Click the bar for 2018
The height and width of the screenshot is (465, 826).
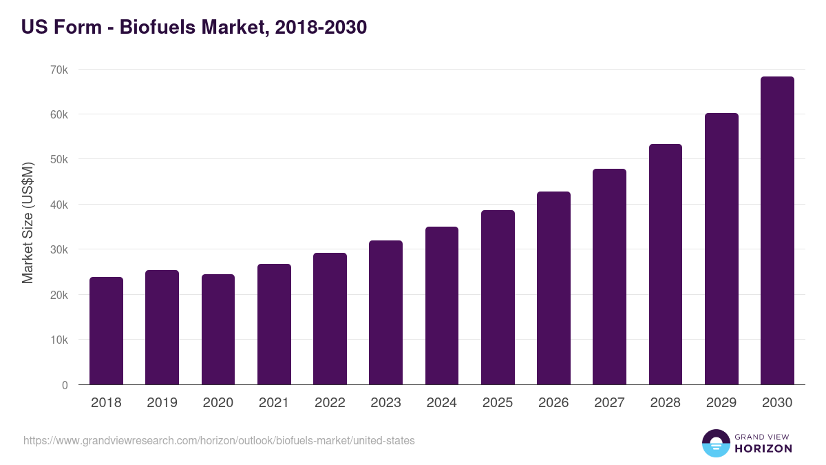pyautogui.click(x=106, y=331)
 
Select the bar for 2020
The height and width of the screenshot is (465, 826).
pyautogui.click(x=218, y=329)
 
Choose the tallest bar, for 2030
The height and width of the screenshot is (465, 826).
pyautogui.click(x=777, y=231)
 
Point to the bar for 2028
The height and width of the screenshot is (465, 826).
pyautogui.click(x=665, y=265)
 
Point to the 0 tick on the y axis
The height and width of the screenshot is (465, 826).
pyautogui.click(x=65, y=385)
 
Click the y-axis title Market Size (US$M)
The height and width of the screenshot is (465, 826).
pyautogui.click(x=28, y=223)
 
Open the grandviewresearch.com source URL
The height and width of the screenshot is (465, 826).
pyautogui.click(x=219, y=440)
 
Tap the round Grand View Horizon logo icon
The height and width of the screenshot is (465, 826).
pyautogui.click(x=715, y=443)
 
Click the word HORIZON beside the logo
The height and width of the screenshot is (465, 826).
pyautogui.click(x=763, y=448)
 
